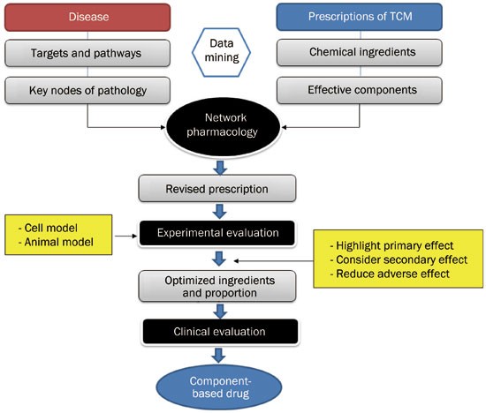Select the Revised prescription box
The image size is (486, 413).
coord(216,188)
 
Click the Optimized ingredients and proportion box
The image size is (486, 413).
coord(216,286)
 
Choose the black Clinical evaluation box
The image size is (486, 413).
coord(216,333)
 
